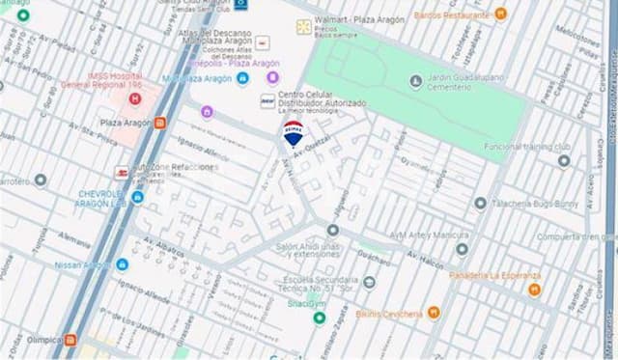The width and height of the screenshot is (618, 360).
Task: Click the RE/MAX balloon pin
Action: tap(293, 134)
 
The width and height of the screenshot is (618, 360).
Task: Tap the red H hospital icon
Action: tap(134, 98)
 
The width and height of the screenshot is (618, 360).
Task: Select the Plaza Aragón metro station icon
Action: tap(159, 123)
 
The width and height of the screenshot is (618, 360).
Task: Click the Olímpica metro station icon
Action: tap(70, 340)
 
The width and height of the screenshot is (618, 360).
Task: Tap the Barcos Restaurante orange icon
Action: tap(500, 14)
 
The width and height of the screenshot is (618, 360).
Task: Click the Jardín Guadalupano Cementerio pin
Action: tap(415, 80)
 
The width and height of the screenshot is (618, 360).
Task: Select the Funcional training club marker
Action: tap(564, 160)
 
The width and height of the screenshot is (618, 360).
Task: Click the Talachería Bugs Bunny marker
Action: tap(480, 203)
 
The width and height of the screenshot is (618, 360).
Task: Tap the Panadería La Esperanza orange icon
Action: tap(534, 289)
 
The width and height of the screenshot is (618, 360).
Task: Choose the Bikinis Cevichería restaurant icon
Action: tap(434, 313)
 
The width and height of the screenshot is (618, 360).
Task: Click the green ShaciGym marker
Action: tap(320, 318)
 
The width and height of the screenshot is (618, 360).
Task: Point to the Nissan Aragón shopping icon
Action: tap(122, 264)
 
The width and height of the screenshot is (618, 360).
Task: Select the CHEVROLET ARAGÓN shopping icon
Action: tap(137, 197)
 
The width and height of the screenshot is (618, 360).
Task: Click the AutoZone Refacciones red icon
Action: tap(122, 173)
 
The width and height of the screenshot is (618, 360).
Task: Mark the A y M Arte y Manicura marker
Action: tap(462, 248)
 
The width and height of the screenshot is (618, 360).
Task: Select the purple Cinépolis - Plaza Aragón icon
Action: tap(272, 77)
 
